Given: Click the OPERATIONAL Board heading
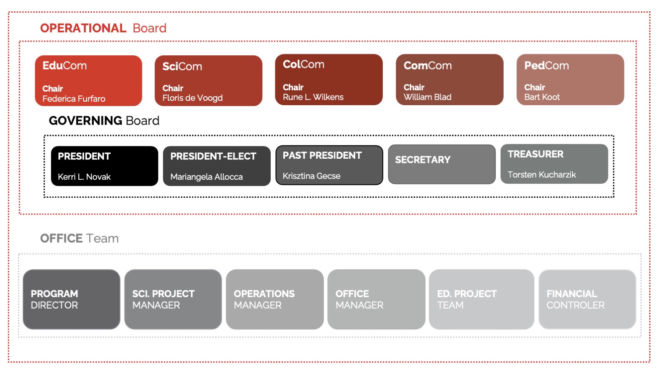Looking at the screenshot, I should [103, 28].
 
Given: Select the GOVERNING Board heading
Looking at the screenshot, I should [104, 121].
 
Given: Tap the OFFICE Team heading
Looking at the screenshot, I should [79, 238].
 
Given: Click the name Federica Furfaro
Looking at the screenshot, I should [74, 99].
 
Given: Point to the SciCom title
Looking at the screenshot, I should [182, 66].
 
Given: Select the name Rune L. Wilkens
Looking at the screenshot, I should [313, 97].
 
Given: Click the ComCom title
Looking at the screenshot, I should [427, 65].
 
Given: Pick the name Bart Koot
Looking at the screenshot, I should [542, 97].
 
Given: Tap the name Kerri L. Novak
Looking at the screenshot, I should [84, 177].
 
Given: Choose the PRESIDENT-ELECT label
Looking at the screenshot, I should [213, 156].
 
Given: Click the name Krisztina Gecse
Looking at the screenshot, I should [311, 176].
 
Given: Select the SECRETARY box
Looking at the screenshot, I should [442, 164].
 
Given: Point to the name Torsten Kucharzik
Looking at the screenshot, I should [541, 174].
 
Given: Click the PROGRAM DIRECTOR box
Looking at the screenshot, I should [71, 299].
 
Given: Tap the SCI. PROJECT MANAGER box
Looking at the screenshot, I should [173, 299].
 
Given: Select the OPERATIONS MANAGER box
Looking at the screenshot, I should [275, 299].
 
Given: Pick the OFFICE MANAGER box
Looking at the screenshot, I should [376, 299].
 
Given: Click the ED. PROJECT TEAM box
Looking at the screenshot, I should [481, 299].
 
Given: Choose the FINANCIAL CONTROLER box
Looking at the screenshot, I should [587, 299].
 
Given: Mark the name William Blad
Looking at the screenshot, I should [427, 97].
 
